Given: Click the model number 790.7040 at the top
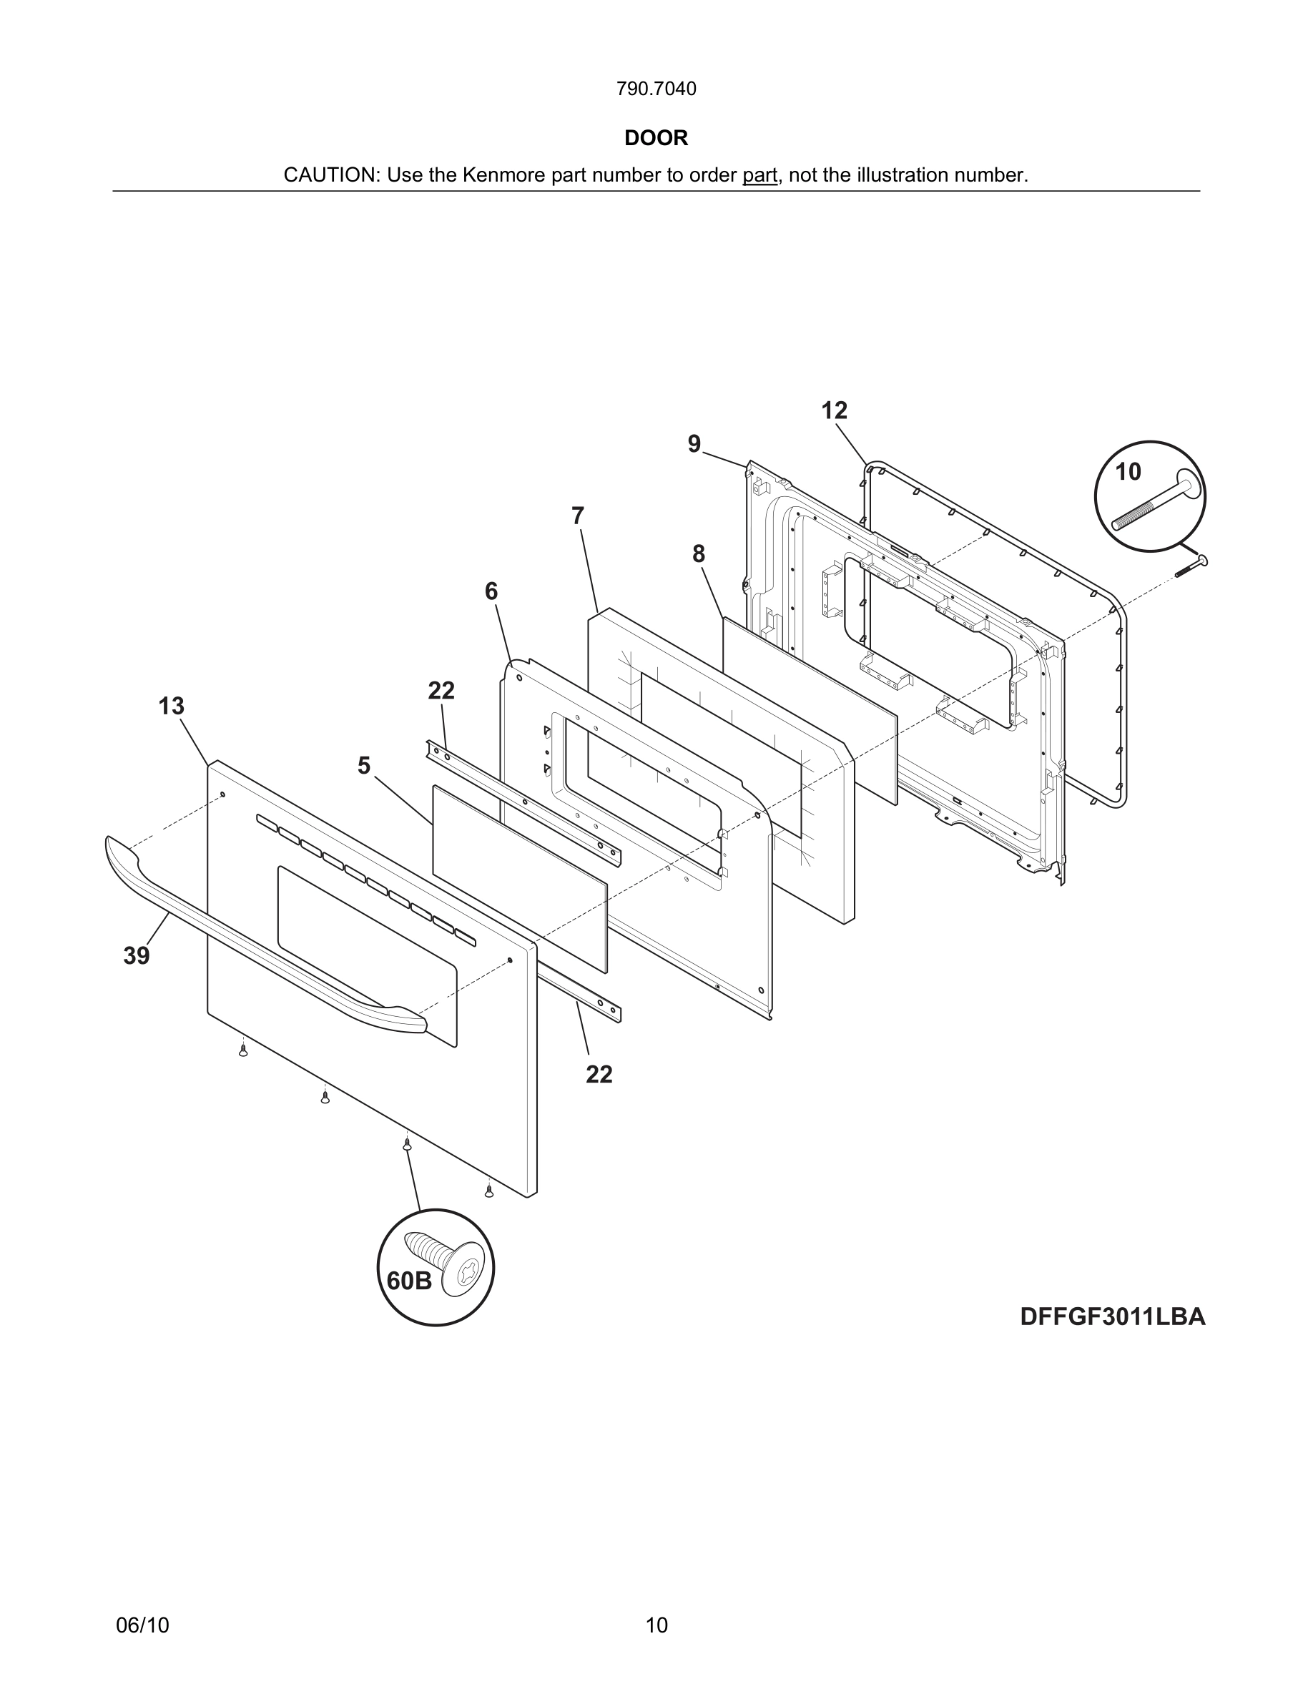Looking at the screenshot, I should point(656,89).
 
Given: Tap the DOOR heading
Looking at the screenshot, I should point(656,139).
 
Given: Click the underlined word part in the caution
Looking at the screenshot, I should point(759,176).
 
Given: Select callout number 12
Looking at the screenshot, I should point(834,410).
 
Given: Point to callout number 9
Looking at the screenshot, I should point(694,444).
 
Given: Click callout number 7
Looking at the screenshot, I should point(577,516).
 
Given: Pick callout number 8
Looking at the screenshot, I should point(699,554).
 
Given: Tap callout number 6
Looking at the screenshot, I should point(491,591).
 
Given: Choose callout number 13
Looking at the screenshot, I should point(171,706).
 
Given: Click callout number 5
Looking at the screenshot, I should point(363,766).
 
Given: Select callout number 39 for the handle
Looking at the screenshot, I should point(136,956).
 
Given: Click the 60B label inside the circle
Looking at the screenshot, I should point(409,1281).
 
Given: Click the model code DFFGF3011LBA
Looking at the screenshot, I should point(1112,1317).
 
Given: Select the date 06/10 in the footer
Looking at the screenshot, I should point(142,1625).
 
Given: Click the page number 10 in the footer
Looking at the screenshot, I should point(656,1625).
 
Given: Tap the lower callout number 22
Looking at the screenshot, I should point(599,1074).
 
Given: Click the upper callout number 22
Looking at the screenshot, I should point(441,690).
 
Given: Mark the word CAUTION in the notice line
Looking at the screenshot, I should point(330,176).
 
